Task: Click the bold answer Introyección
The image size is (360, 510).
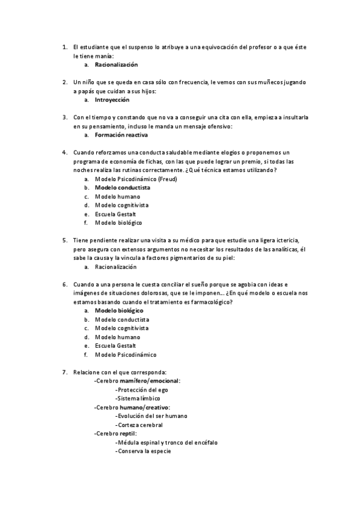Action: point(112,100)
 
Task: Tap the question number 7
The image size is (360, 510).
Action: point(64,372)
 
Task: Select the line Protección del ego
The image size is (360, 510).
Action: point(142,390)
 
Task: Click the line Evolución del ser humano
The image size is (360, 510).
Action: point(151,416)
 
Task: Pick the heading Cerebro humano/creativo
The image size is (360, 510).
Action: point(132,407)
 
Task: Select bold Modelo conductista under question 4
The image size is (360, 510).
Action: point(123,188)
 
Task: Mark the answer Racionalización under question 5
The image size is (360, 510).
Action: point(116,266)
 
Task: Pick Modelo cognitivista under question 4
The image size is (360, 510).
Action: point(122,205)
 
